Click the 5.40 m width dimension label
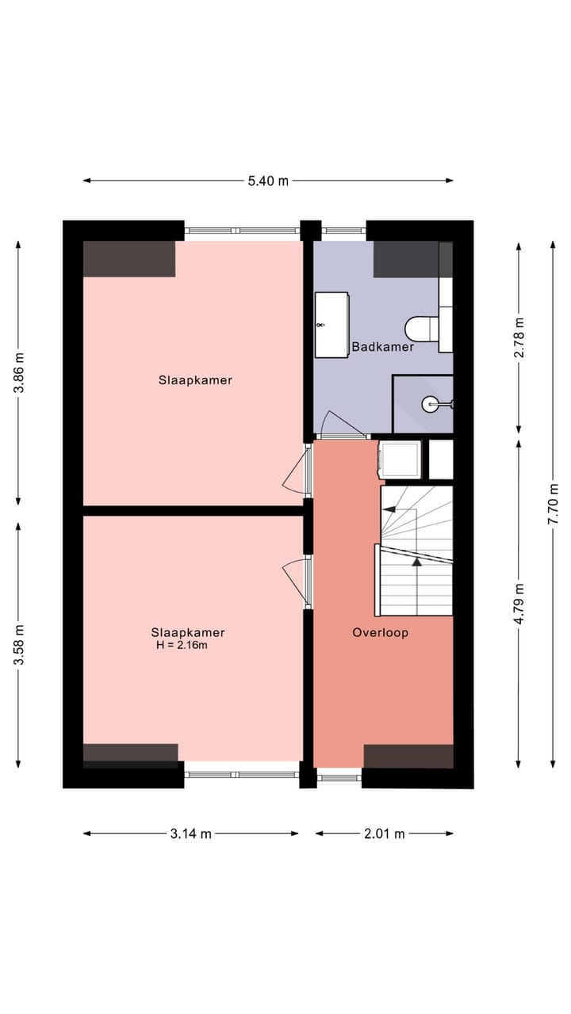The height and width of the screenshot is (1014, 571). (268, 181)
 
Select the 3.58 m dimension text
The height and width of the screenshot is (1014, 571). (20, 645)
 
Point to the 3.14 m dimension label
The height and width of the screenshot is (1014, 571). (191, 833)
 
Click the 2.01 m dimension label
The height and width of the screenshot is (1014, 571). (384, 833)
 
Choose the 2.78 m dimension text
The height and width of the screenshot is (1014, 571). (519, 337)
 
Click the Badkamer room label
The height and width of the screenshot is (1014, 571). (383, 347)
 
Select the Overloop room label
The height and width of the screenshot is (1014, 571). (381, 633)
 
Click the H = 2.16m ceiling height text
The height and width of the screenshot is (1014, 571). (182, 646)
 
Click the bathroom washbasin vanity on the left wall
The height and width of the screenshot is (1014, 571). (331, 325)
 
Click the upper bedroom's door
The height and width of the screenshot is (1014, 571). (297, 471)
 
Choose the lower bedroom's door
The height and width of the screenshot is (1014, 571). (297, 582)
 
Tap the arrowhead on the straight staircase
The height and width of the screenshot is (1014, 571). (416, 562)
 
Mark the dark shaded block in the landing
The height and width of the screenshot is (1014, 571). (408, 756)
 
